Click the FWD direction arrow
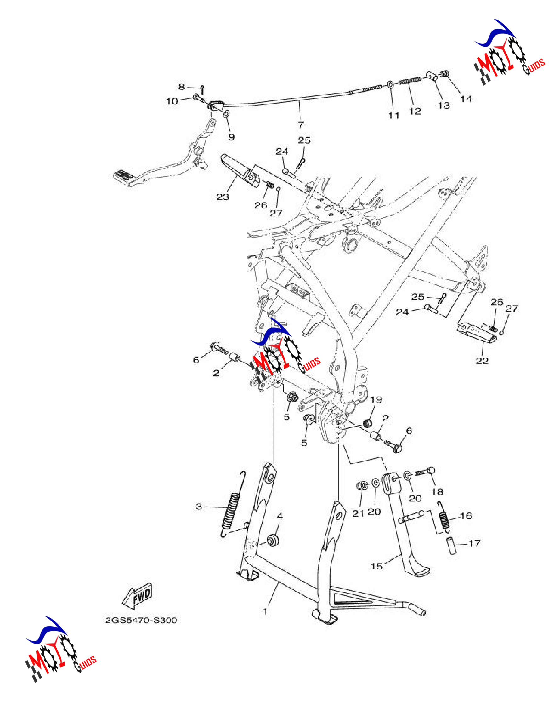coord(137,596)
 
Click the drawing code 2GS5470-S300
coord(141,620)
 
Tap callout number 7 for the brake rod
coord(301,124)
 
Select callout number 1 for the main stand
coord(265,611)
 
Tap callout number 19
coord(376,399)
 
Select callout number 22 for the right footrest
coord(482,361)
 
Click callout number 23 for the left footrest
coord(223,197)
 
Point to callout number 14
coord(466,99)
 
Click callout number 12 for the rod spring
coord(415,111)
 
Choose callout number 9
coord(231,137)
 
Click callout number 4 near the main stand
coord(280,516)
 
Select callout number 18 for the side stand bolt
coord(437,492)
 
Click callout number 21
coord(358,513)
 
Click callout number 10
coord(172,101)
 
